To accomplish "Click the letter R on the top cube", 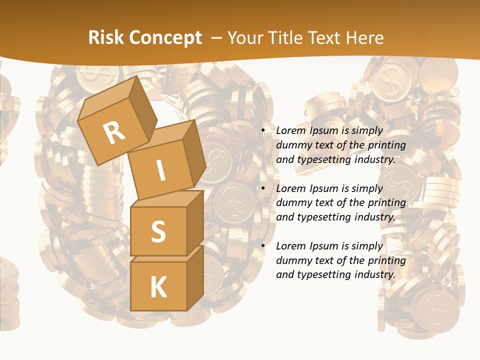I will (x=114, y=132).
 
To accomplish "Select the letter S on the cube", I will (x=158, y=231).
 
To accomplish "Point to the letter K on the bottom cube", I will (x=158, y=287).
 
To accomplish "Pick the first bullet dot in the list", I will (x=263, y=131).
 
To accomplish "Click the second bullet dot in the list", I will (x=263, y=189).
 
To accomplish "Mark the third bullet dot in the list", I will (x=263, y=246).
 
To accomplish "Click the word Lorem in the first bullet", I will (x=289, y=131).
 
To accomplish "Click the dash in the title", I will (x=217, y=37).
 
